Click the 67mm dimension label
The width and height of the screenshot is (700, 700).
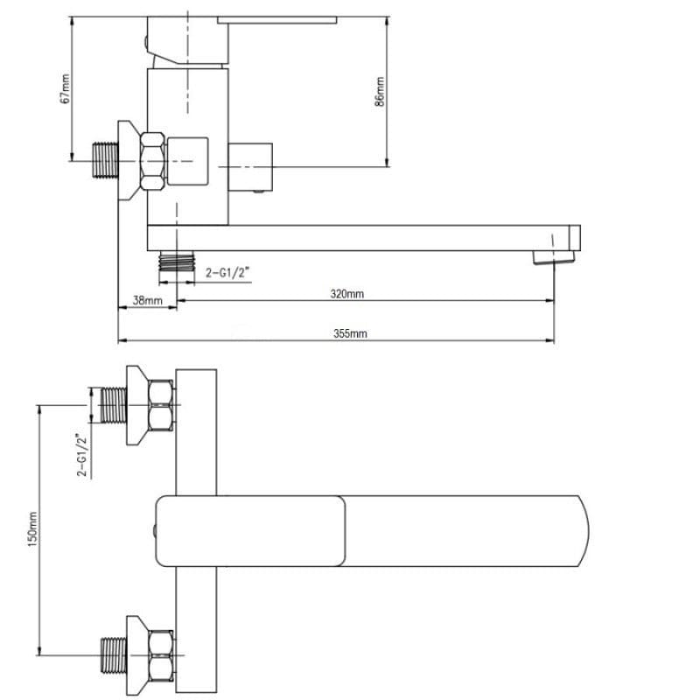pos(65,89)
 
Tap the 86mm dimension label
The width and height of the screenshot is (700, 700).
pos(380,92)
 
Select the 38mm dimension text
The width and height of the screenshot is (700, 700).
pos(147,300)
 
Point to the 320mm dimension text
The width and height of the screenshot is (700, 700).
pos(346,294)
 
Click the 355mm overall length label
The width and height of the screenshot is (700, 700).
pos(350,333)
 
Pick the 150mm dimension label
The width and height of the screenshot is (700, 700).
pos(32,530)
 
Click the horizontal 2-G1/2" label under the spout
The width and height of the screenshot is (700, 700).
pos(226,273)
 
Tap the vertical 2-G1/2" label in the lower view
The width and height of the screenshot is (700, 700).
pos(82,455)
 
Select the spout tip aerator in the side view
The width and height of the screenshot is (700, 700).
pos(554,257)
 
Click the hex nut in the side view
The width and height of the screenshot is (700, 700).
pos(152,161)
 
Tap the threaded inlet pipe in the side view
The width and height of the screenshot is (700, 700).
pos(105,160)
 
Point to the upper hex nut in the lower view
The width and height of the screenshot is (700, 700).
pos(161,405)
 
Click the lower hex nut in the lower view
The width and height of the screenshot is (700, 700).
pos(161,655)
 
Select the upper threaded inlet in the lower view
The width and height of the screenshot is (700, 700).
pos(114,405)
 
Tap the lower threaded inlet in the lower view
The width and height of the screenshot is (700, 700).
pos(114,655)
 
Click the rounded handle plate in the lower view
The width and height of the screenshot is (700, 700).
pos(250,531)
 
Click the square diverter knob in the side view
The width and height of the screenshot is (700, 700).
pos(250,167)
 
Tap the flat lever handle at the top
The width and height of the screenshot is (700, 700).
pos(276,20)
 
